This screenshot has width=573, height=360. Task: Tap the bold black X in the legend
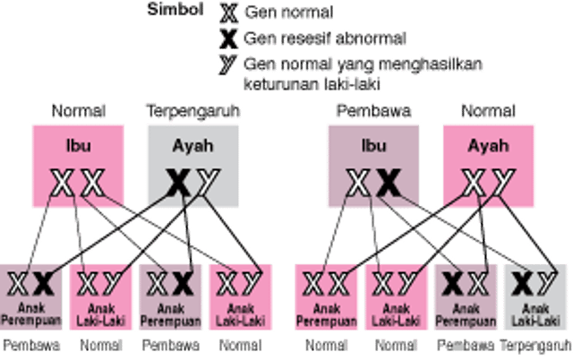(x=227, y=39)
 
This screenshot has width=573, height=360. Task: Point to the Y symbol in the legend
(x=228, y=64)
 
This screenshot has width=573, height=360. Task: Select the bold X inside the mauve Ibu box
(x=387, y=184)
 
